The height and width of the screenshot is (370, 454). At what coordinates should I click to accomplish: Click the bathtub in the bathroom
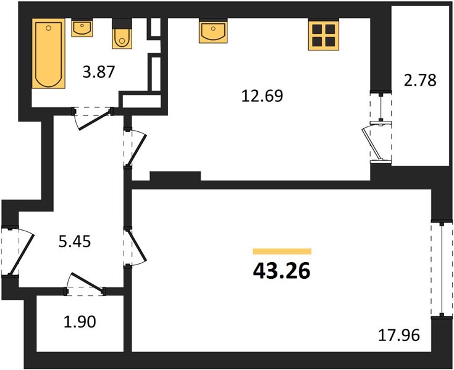coord(48,54)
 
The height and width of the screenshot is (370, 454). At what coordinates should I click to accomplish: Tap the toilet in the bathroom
coord(122,38)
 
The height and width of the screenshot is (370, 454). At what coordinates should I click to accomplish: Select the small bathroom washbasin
coord(82,28)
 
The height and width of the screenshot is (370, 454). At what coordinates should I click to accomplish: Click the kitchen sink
coord(213,31)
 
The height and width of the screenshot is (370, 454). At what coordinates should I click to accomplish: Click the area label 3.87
coord(99,72)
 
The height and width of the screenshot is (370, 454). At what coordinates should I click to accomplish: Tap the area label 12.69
coord(262,96)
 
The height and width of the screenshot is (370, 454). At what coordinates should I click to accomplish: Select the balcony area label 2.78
coord(420,81)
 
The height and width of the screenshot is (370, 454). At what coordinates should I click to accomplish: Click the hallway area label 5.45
coord(75,242)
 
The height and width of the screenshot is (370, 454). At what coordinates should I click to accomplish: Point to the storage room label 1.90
coord(80,322)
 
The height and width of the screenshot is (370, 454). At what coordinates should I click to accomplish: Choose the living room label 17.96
coord(399,335)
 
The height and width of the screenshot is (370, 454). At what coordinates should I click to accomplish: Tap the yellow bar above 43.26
coord(282,251)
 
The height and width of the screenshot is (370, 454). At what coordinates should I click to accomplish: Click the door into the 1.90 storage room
coord(85,285)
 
